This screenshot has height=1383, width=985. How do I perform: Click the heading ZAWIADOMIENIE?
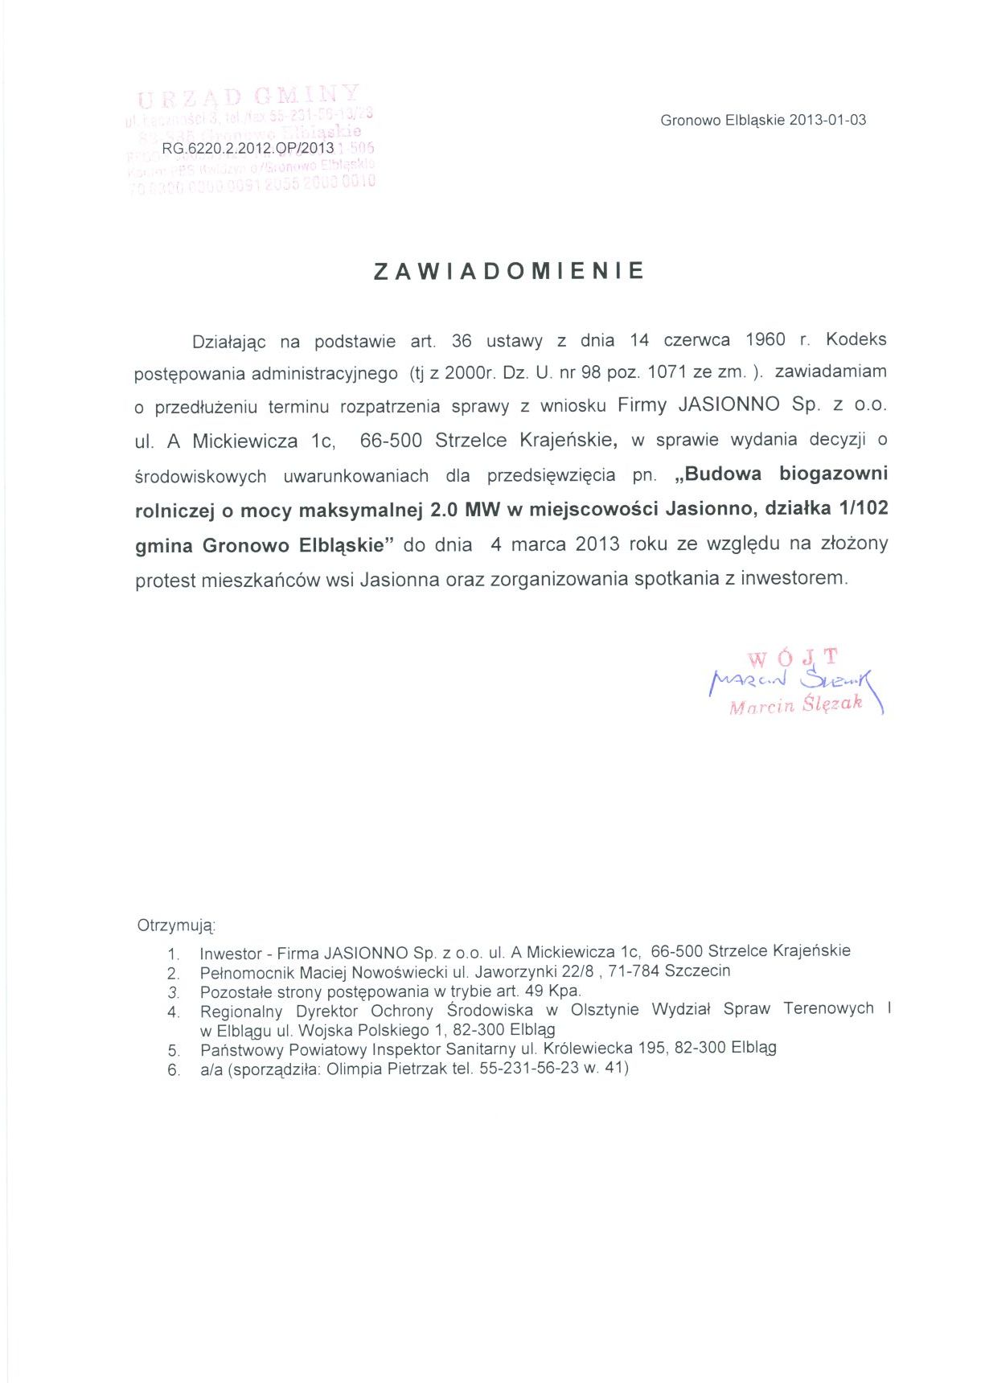pyautogui.click(x=509, y=271)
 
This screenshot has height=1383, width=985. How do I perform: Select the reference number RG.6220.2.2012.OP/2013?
pyautogui.click(x=248, y=149)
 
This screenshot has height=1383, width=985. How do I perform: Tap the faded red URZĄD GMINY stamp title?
pyautogui.click(x=249, y=96)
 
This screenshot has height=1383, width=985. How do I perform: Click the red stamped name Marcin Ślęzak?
pyautogui.click(x=795, y=704)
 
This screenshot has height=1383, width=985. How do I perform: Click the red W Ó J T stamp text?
pyautogui.click(x=793, y=658)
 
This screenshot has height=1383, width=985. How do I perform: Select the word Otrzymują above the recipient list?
pyautogui.click(x=176, y=925)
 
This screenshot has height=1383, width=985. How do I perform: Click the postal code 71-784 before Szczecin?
pyautogui.click(x=634, y=971)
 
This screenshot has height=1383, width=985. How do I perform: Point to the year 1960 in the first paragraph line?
pyautogui.click(x=765, y=339)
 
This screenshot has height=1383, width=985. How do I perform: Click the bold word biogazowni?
pyautogui.click(x=833, y=474)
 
